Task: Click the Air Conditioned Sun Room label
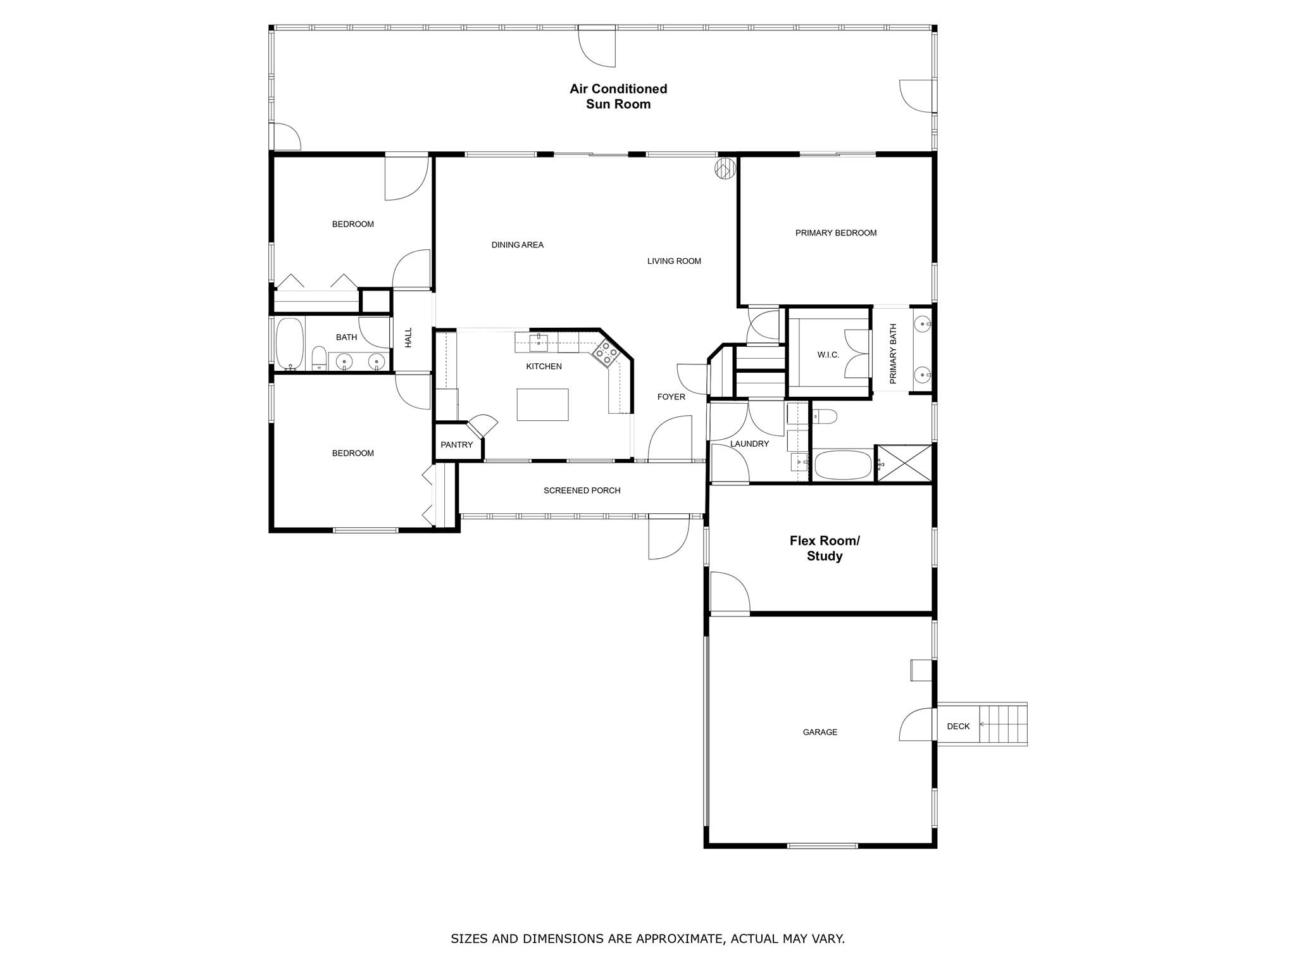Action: tap(618, 97)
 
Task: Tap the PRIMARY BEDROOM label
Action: tap(836, 233)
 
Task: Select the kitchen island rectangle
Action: tap(542, 404)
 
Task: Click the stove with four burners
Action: tap(606, 353)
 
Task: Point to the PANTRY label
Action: tap(456, 445)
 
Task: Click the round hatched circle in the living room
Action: tap(725, 169)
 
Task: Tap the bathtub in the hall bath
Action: tap(290, 344)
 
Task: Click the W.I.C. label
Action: tap(828, 355)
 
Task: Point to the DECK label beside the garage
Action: tap(958, 726)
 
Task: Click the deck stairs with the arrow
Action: tap(1003, 725)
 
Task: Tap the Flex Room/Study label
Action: tap(825, 549)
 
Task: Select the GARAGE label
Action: tap(819, 732)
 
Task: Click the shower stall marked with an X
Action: tap(904, 463)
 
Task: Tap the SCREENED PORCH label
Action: tap(582, 490)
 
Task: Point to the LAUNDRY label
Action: tap(749, 444)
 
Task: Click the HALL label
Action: tap(408, 337)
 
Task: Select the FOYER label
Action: tap(671, 397)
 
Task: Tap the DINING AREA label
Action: tap(517, 245)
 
